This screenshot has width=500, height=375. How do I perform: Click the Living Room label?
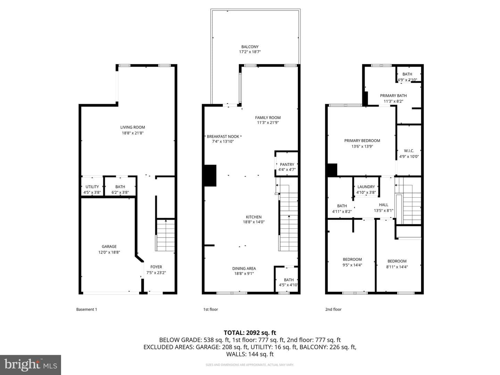(x=133, y=127)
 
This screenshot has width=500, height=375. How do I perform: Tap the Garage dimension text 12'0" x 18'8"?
(x=109, y=252)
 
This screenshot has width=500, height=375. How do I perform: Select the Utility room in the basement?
(x=92, y=186)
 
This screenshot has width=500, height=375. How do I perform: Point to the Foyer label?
(x=156, y=267)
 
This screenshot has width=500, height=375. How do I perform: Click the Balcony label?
(x=250, y=47)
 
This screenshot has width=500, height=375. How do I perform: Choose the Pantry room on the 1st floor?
(x=287, y=164)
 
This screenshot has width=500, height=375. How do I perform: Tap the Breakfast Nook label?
(x=223, y=136)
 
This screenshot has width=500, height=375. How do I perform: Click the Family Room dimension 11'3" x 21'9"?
(x=268, y=123)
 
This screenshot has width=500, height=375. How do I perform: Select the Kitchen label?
(x=253, y=217)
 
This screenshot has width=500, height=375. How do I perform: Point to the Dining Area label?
(x=244, y=268)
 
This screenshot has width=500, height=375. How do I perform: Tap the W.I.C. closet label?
(x=409, y=151)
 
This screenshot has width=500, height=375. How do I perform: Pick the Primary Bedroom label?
(x=362, y=141)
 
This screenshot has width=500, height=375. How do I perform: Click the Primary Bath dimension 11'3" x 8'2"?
(x=393, y=101)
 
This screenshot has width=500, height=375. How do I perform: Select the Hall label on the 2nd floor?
(x=384, y=205)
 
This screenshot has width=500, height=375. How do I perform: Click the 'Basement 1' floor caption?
(x=86, y=309)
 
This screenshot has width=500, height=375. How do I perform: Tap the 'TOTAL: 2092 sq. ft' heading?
(x=250, y=333)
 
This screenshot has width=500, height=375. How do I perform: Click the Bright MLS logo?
(x=31, y=365)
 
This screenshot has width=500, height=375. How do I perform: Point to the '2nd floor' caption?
(x=333, y=309)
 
